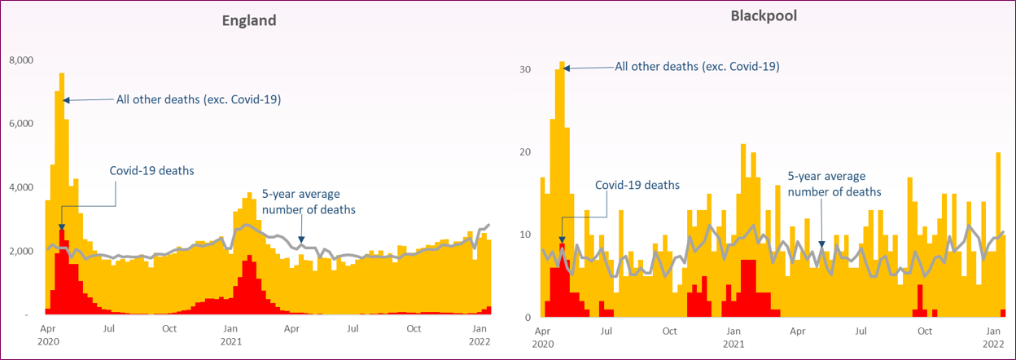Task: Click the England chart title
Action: point(249,21)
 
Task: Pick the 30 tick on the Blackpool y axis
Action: point(526,69)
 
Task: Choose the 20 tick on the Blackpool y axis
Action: point(526,152)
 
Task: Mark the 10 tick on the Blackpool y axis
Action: point(526,235)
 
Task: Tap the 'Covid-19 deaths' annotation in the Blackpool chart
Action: point(637,186)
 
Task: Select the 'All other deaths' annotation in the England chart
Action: point(199,99)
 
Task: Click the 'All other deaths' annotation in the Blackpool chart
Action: point(697,67)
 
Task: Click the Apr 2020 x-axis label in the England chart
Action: point(47,336)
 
